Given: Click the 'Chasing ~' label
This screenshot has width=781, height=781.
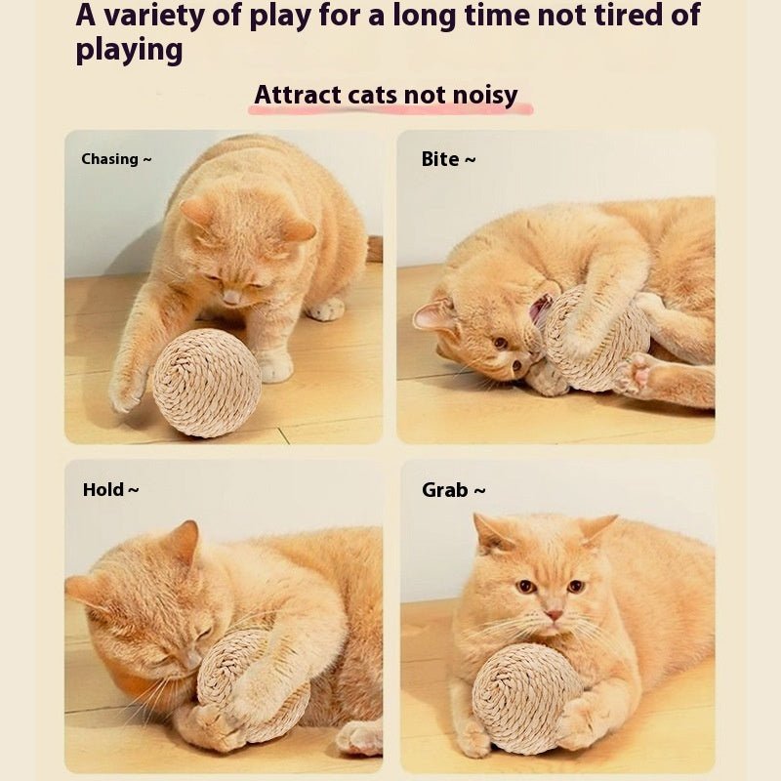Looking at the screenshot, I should coord(116,159).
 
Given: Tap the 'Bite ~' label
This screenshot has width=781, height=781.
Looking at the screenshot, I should coord(448,159).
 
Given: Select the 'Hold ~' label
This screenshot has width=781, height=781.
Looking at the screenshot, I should coord(110,490).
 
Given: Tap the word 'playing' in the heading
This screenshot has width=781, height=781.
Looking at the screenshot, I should coord(129,51).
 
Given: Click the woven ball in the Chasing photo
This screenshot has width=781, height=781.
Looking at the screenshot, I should coord(206,383).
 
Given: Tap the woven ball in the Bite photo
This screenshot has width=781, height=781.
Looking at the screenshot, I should coord(596,337).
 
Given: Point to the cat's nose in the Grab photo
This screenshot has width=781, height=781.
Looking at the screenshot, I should coord(554,615).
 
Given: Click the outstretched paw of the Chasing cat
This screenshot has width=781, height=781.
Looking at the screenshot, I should coord(127,389).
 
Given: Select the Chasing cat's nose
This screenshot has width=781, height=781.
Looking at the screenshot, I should coord(230,296).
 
